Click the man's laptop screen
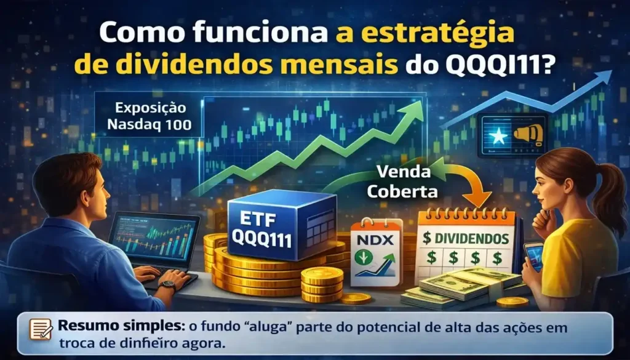coord(155,238)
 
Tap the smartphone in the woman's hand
coord(533,256)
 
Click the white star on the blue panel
coord(500,137)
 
